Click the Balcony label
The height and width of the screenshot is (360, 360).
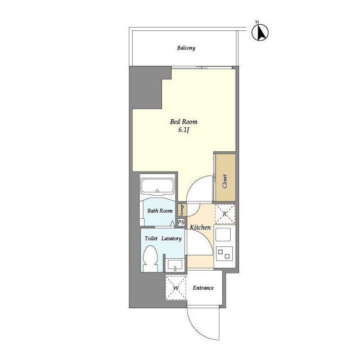[186, 48]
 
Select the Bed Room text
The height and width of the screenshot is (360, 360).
[183, 121]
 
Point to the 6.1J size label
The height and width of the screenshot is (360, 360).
[183, 130]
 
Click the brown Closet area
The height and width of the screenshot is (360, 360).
[226, 178]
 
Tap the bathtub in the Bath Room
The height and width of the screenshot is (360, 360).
[157, 187]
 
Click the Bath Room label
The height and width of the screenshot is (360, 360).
[160, 210]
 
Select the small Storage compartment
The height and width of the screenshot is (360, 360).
[182, 210]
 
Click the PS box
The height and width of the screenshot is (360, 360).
[181, 222]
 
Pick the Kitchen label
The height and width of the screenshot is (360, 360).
[200, 227]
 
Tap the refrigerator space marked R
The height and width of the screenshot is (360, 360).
[225, 214]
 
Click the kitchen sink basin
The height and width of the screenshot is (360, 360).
[223, 235]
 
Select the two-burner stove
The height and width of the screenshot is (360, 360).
[224, 254]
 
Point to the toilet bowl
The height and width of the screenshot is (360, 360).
[150, 258]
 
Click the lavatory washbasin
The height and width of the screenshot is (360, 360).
[175, 265]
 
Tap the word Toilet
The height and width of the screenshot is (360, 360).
[151, 238]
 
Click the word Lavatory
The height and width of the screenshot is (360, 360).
[171, 238]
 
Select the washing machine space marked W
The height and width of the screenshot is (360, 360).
[176, 288]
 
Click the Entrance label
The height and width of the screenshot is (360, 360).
[203, 288]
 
